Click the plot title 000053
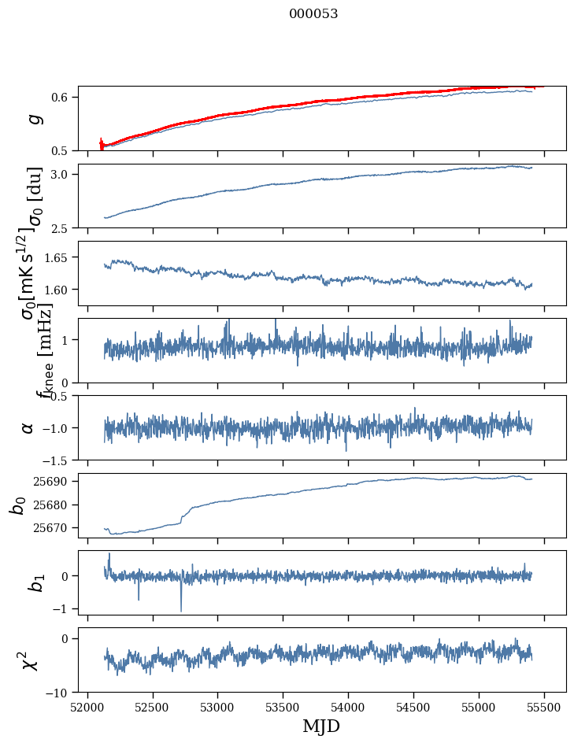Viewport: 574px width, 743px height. click(x=313, y=13)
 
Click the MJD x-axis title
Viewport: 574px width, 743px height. click(x=321, y=726)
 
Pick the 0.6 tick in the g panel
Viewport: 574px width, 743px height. click(x=63, y=97)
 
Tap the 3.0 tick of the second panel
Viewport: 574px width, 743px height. click(x=63, y=174)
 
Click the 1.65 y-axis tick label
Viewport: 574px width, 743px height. click(x=60, y=257)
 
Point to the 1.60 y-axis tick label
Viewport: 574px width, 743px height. click(x=60, y=290)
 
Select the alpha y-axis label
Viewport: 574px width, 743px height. click(x=28, y=427)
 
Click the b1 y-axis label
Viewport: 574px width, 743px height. click(x=31, y=582)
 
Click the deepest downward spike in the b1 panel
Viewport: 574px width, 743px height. click(x=181, y=610)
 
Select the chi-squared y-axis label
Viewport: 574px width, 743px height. click(x=30, y=660)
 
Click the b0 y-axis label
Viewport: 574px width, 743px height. click(x=17, y=505)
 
